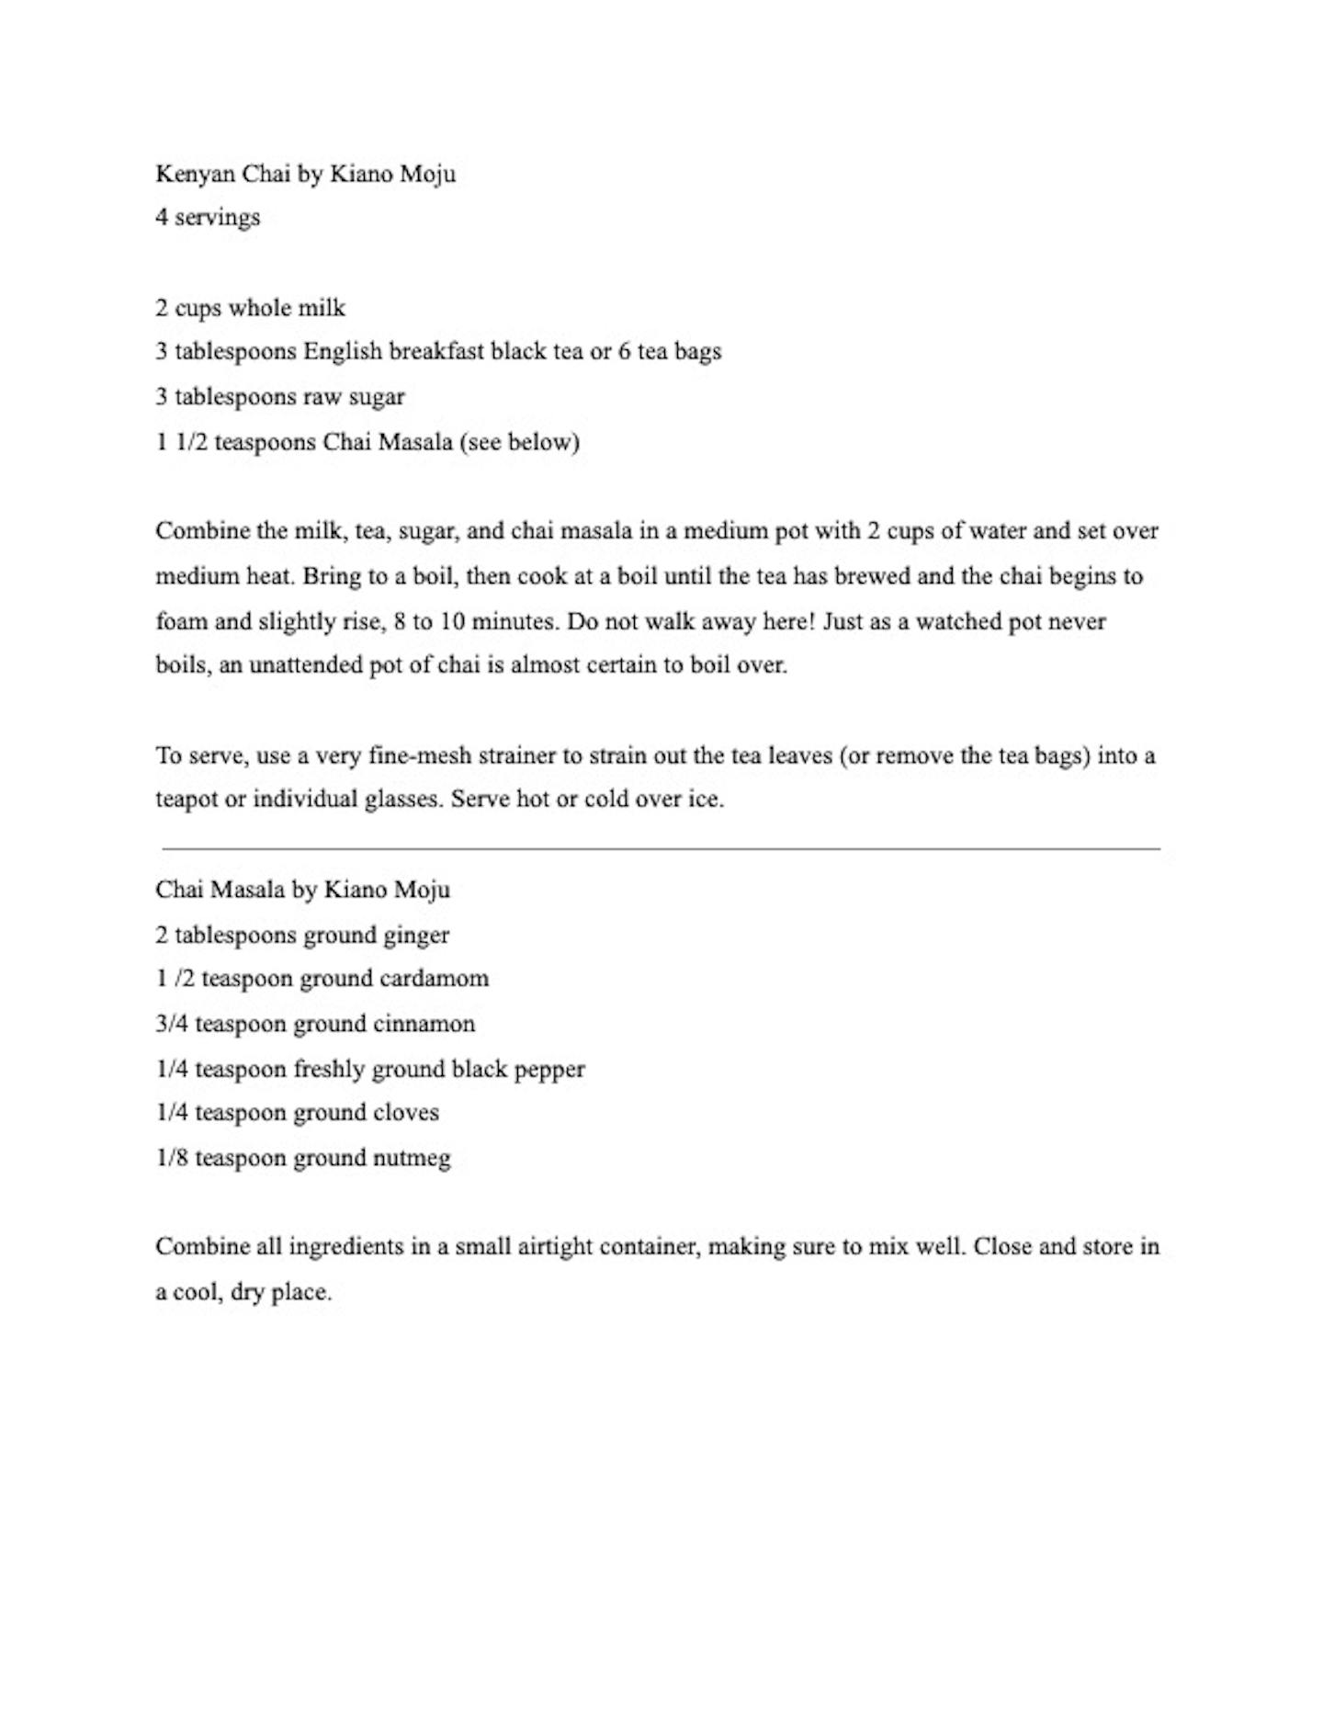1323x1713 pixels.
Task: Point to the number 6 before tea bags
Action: pyautogui.click(x=624, y=351)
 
